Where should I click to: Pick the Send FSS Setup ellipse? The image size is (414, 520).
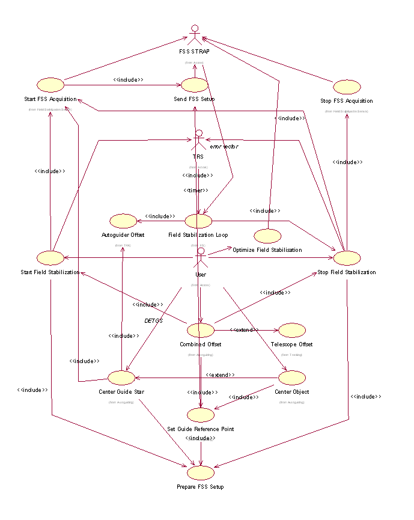point(194,85)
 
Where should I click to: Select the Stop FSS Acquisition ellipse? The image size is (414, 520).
point(347,87)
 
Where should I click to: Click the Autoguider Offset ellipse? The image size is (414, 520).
point(123,221)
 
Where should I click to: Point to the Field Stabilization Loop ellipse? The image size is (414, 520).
point(198,221)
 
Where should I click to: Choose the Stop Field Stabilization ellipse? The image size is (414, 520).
point(347,258)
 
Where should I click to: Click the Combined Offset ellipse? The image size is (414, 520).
point(200,330)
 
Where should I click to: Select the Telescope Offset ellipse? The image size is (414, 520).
point(292,330)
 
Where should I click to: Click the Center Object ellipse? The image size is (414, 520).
point(292,378)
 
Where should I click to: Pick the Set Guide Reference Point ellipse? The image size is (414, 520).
point(200,415)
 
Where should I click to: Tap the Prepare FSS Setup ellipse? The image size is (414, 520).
point(200,473)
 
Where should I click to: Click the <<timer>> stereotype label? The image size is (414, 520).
point(196,190)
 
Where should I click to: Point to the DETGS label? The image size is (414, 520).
point(154,320)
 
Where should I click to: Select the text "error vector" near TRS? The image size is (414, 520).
point(224,146)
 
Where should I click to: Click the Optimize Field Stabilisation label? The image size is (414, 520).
point(267,249)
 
